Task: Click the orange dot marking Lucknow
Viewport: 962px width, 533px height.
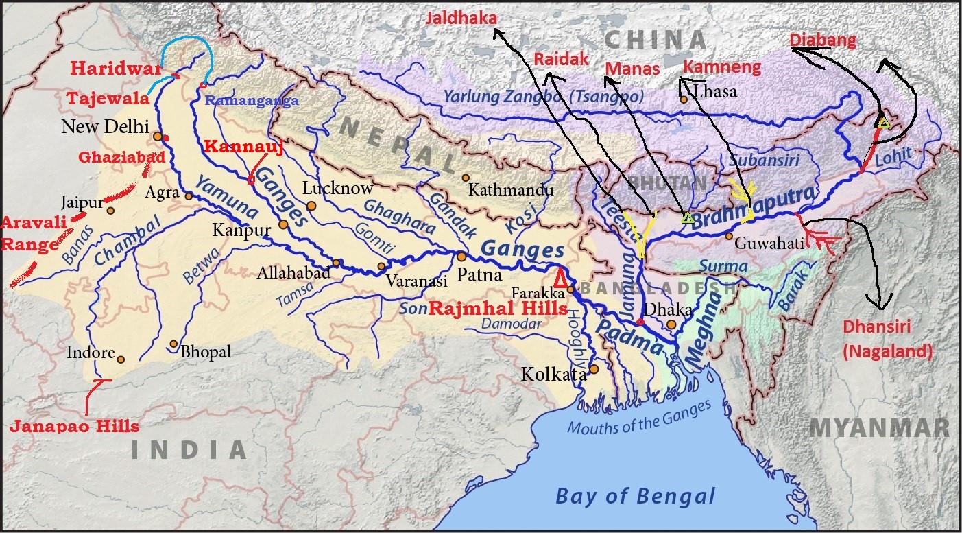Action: coord(312,205)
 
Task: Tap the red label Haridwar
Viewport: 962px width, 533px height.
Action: coord(114,69)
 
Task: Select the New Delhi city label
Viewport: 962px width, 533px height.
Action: coord(106,127)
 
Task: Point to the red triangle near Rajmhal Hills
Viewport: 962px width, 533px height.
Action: coord(561,277)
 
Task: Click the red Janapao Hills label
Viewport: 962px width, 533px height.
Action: coord(74,426)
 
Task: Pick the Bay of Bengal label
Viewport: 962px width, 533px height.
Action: coord(635,495)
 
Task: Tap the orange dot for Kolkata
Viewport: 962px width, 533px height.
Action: coord(594,369)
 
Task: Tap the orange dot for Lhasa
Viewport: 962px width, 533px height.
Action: coord(684,100)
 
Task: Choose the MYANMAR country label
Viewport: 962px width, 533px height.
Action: coord(879,428)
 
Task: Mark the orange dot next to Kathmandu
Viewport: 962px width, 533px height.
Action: coord(466,178)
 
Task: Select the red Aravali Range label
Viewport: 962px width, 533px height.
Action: coord(28,233)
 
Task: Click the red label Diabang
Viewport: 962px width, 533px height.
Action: coord(823,40)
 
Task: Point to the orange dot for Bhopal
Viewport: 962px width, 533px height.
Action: coord(173,344)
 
